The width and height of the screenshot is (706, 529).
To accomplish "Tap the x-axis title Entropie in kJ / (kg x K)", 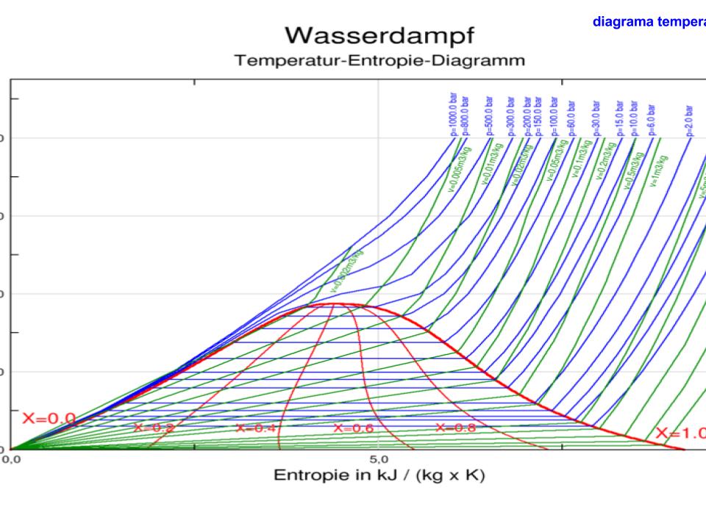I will (x=379, y=475).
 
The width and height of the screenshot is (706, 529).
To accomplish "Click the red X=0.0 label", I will (x=49, y=419).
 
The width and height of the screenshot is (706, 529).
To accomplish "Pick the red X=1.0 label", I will (x=680, y=433).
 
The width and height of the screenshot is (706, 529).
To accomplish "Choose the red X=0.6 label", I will (x=354, y=428).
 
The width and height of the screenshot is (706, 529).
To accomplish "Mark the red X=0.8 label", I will (x=455, y=428).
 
